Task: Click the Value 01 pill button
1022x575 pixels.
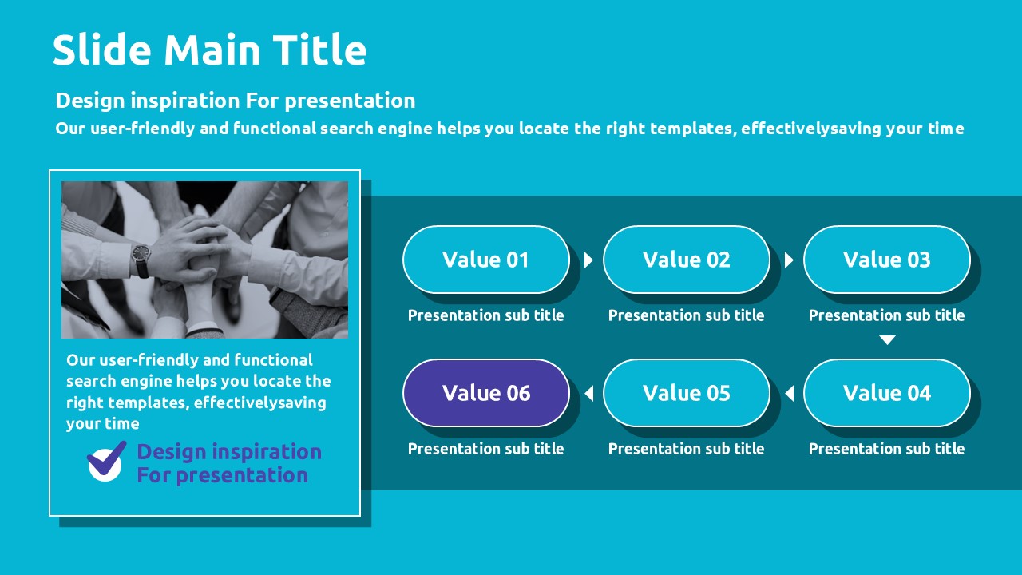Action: tap(486, 260)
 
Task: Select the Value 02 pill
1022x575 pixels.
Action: tap(687, 260)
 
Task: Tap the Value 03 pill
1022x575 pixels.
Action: tap(887, 260)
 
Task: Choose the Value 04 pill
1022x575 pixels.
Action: tap(887, 393)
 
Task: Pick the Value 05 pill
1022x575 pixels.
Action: tap(687, 393)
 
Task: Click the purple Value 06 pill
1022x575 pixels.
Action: tap(486, 393)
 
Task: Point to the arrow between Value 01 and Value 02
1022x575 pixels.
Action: tap(588, 260)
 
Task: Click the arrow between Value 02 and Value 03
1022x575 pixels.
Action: tap(789, 260)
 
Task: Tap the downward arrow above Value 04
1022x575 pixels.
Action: tap(887, 340)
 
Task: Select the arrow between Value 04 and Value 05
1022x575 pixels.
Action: tap(790, 394)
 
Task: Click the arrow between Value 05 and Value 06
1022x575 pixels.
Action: tap(589, 394)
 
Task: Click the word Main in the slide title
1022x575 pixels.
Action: tap(212, 50)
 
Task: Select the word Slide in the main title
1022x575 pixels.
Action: tap(101, 50)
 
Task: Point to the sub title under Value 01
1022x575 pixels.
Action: tap(486, 315)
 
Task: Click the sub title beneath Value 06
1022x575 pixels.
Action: tap(486, 449)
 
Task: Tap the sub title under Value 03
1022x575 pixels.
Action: tap(886, 315)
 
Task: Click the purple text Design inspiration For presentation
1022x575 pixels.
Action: tap(229, 463)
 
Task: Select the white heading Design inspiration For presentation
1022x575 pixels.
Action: tap(236, 101)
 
